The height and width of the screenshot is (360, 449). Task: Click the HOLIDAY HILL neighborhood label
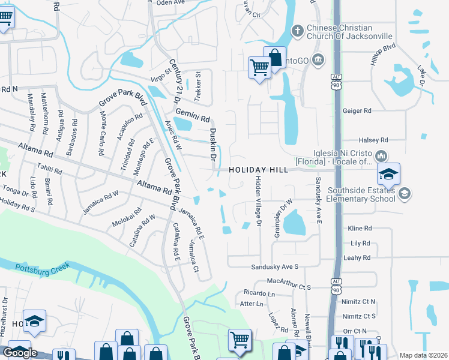[x=256, y=170]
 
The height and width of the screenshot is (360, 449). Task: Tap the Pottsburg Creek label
[x=43, y=268]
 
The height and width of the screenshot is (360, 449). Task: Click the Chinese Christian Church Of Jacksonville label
[x=349, y=31]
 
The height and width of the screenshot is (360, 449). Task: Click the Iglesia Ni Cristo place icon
[x=381, y=157]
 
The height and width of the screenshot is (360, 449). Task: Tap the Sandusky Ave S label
[x=274, y=266]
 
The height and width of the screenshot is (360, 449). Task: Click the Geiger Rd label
[x=357, y=111]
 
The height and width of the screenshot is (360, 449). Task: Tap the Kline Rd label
[x=360, y=229]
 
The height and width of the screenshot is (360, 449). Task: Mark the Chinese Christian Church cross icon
[x=297, y=31]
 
